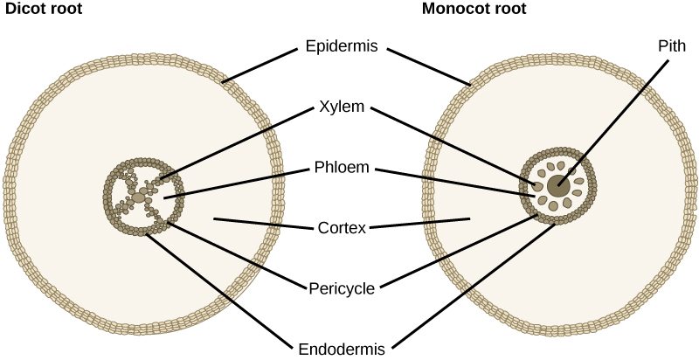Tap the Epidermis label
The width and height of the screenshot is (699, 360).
click(342, 47)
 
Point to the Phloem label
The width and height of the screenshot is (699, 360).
click(342, 168)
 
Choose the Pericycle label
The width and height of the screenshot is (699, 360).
click(342, 287)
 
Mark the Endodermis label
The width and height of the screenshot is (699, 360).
click(342, 348)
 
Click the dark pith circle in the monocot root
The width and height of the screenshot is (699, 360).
click(558, 184)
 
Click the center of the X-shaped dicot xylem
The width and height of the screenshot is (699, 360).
click(142, 189)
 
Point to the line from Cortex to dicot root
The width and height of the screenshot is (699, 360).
click(262, 224)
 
